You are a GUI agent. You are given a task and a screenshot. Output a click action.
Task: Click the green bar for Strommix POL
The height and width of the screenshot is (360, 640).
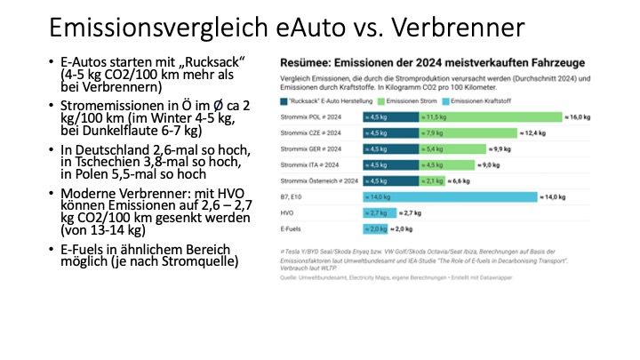(x=487, y=116)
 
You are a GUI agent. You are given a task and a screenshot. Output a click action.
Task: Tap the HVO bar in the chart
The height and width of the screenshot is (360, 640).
(x=376, y=212)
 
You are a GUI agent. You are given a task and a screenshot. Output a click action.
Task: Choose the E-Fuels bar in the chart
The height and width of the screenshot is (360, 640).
(x=374, y=228)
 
